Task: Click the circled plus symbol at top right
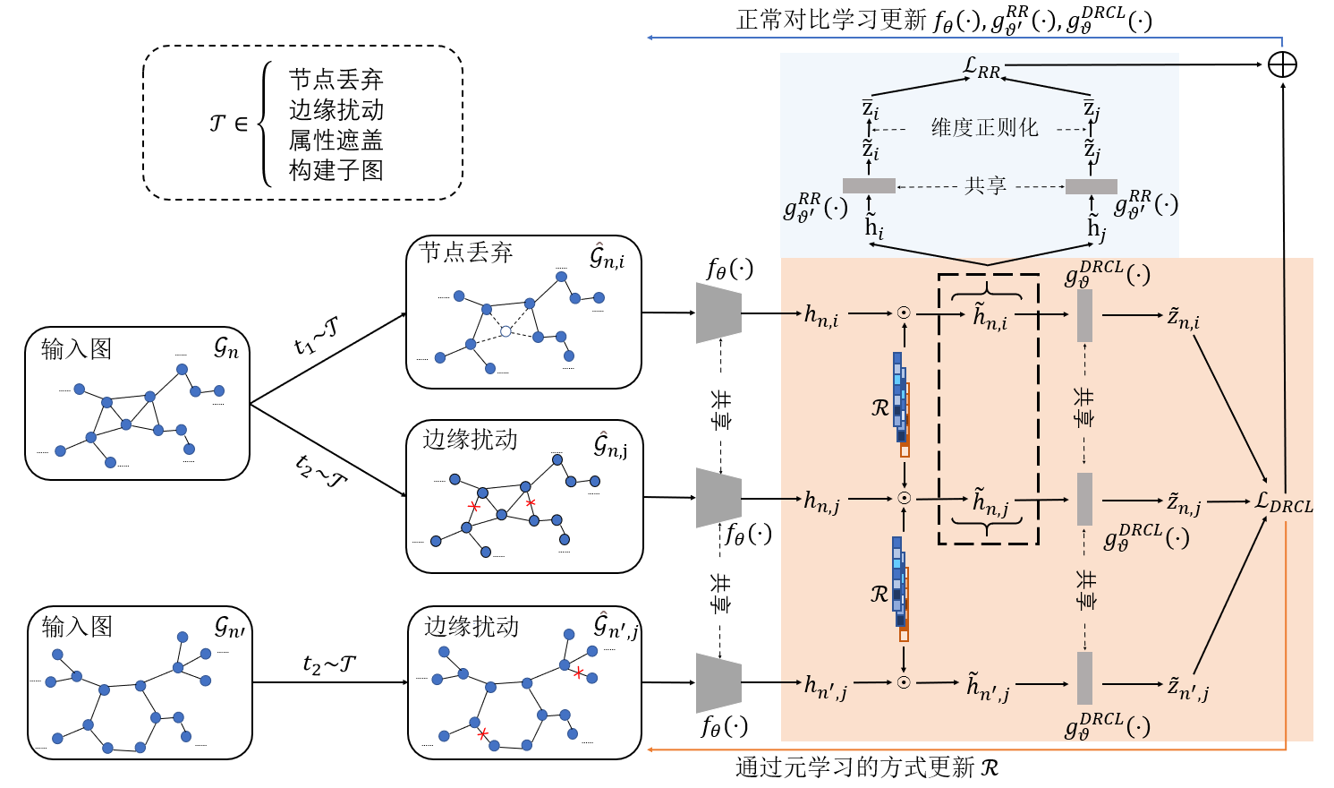pos(1282,64)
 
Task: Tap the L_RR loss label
pos(981,68)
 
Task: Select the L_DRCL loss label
pos(1284,503)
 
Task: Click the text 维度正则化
pos(984,128)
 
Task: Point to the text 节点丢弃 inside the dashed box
pos(336,80)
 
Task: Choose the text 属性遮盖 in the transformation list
pos(336,141)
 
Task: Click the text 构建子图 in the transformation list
pos(336,170)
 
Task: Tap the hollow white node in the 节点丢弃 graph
pos(506,331)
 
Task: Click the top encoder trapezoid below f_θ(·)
pos(718,313)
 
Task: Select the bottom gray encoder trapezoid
pos(718,682)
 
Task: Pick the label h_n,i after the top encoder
pos(821,316)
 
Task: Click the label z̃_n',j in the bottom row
pos(1188,688)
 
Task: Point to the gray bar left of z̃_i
pos(869,186)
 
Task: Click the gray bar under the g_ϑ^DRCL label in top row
pos(1084,315)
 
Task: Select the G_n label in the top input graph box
pos(226,348)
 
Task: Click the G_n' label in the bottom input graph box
pos(229,627)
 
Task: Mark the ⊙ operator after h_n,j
pos(904,498)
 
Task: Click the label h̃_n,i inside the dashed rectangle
pos(990,317)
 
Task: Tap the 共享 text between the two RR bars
pos(985,186)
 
